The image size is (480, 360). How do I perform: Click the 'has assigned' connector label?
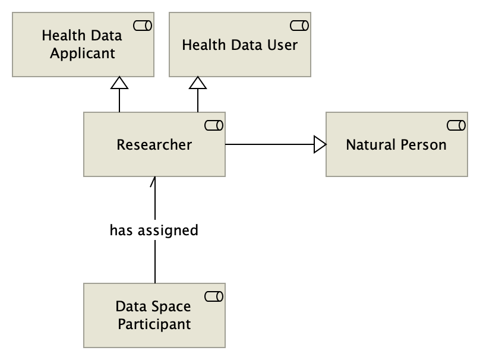click(x=154, y=230)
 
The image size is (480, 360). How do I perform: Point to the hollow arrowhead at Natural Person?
click(x=320, y=144)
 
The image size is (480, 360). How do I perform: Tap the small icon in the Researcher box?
click(x=213, y=125)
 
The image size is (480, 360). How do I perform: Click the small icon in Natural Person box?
click(x=455, y=125)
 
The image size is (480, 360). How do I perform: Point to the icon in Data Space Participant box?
click(x=213, y=296)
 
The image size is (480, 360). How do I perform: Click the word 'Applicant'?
click(x=82, y=53)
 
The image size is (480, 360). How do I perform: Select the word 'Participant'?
click(x=154, y=324)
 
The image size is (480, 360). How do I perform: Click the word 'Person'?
click(x=422, y=144)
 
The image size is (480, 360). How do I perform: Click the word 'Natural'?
click(x=370, y=144)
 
